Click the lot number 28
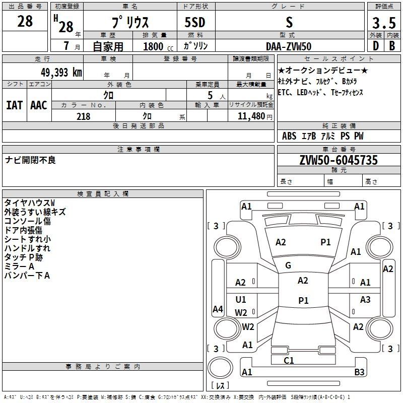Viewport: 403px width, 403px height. pos(25,21)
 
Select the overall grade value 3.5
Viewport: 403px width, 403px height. pos(384,23)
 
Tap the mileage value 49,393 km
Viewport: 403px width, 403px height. pos(61,73)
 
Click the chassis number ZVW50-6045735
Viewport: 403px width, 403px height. pos(339,160)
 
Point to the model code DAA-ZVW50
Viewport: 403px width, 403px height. pos(289,46)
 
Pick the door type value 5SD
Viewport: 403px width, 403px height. pos(195,22)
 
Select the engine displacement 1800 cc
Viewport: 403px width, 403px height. pos(158,46)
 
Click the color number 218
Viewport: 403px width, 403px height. pos(84,116)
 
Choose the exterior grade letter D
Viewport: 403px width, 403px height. pos(375,46)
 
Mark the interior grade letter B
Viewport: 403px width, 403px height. pos(392,46)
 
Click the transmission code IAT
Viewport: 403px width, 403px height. pos(14,105)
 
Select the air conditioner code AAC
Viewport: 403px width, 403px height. pos(39,105)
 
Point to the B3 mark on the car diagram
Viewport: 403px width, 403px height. pos(359,372)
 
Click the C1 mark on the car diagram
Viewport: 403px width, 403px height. pos(289,361)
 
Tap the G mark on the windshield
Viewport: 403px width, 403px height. pos(288,265)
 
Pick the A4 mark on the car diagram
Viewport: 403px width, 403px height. pos(218,309)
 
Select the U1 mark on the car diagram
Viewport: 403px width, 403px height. pos(241,299)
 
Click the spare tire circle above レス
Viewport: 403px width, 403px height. pos(220,367)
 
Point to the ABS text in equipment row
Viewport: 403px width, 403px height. pos(289,136)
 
